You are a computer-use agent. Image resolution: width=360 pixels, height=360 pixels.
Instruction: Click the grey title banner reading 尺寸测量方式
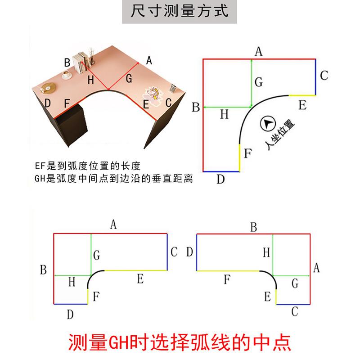pyautogui.click(x=179, y=12)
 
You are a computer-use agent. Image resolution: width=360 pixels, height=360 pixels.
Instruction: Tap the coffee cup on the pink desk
pyautogui.click(x=66, y=75)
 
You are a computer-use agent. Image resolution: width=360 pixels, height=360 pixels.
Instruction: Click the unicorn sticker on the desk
pyautogui.click(x=152, y=94)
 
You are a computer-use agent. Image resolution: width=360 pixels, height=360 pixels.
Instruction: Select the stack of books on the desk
pyautogui.click(x=81, y=63)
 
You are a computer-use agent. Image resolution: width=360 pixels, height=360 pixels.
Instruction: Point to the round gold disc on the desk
pyautogui.click(x=48, y=88)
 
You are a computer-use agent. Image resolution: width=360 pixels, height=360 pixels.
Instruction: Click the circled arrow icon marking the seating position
pyautogui.click(x=268, y=124)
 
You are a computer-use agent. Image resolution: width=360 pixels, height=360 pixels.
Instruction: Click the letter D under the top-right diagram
pyautogui.click(x=220, y=179)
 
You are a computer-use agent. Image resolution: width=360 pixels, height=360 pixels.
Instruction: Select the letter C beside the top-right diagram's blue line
pyautogui.click(x=324, y=76)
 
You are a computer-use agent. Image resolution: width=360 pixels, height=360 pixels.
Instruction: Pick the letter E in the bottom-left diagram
pyautogui.click(x=140, y=279)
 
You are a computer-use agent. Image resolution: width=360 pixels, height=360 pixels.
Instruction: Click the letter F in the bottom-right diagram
pyautogui.click(x=227, y=279)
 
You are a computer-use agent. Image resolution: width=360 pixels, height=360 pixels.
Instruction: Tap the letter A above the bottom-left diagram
pyautogui.click(x=113, y=224)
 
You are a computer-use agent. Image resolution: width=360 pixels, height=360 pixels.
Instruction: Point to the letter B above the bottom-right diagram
pyautogui.click(x=253, y=227)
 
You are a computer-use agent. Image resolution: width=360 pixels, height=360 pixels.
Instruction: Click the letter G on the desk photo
pyautogui.click(x=129, y=78)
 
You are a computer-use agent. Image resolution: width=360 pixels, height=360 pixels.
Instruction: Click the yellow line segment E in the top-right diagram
pyautogui.click(x=302, y=95)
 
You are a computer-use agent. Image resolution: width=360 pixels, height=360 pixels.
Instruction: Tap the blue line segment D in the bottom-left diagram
pyautogui.click(x=71, y=304)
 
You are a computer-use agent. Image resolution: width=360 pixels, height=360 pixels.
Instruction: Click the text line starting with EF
pyautogui.click(x=87, y=166)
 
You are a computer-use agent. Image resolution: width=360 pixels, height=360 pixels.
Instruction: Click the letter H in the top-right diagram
pyautogui.click(x=224, y=114)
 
